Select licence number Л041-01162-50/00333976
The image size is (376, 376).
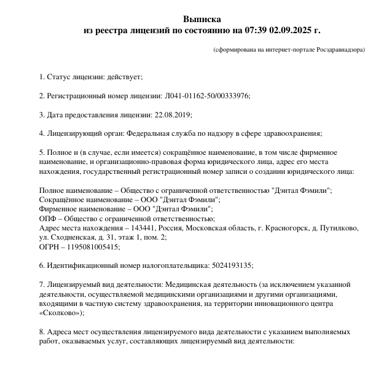(207, 96)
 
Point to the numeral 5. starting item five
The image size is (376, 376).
(42, 152)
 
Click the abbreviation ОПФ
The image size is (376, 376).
(47, 218)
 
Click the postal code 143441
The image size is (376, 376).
(143, 227)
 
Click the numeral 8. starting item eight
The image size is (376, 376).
(42, 332)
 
